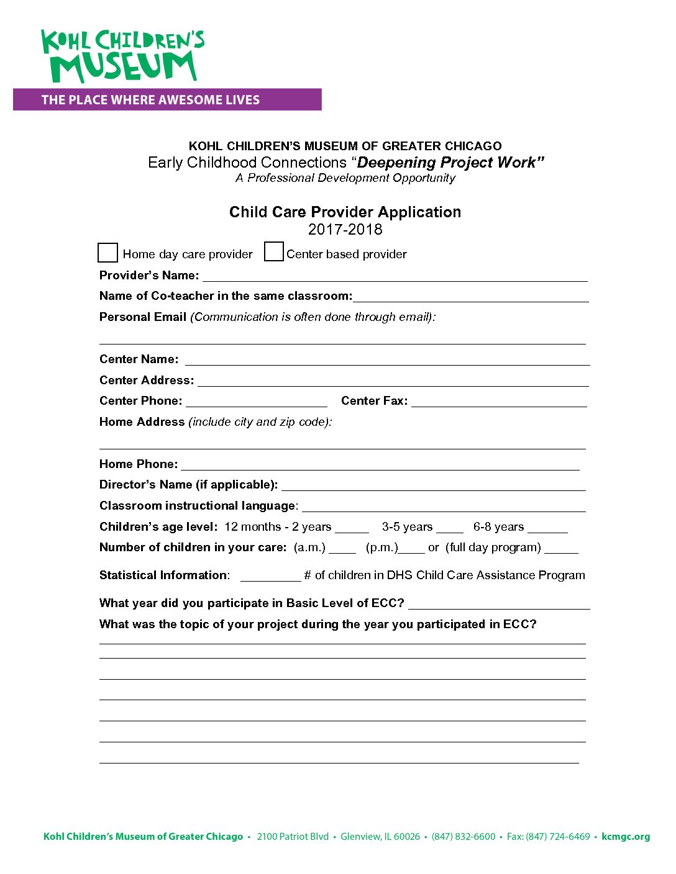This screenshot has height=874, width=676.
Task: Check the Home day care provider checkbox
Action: click(x=107, y=253)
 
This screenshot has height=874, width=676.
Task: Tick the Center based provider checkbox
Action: click(x=273, y=251)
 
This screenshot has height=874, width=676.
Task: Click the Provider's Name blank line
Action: click(x=395, y=276)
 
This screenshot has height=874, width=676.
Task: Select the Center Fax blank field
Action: click(x=499, y=402)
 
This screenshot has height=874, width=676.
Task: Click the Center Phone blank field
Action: click(x=256, y=402)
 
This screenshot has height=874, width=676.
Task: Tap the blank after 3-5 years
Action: click(x=450, y=528)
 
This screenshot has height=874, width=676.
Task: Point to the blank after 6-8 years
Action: click(x=547, y=528)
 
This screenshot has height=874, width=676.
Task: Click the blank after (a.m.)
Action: click(x=342, y=548)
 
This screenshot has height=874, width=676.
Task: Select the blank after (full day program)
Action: click(x=561, y=548)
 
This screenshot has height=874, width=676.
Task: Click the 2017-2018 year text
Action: click(x=345, y=230)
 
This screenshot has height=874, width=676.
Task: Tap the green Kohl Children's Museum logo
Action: click(x=122, y=56)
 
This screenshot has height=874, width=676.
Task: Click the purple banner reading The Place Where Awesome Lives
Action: click(x=167, y=100)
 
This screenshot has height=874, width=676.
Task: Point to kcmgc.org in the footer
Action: click(x=626, y=837)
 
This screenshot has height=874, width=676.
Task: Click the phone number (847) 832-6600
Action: click(x=464, y=837)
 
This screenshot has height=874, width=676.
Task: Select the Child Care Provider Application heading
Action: click(x=345, y=212)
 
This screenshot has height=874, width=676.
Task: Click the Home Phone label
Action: click(x=138, y=464)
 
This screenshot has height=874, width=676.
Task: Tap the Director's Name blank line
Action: click(x=433, y=485)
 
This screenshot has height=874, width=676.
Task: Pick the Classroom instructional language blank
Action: click(x=444, y=507)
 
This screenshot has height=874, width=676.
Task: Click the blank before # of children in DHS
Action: click(x=270, y=576)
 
